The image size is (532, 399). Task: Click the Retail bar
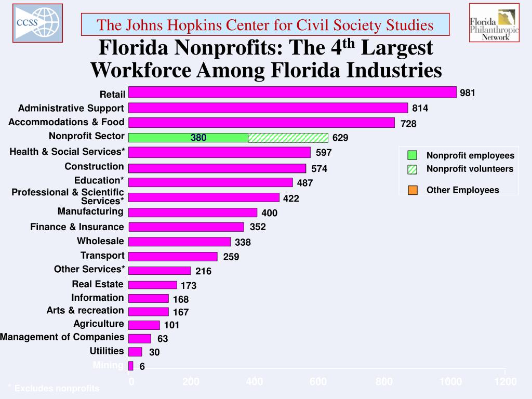pyautogui.click(x=292, y=92)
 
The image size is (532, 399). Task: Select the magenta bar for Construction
pyautogui.click(x=217, y=168)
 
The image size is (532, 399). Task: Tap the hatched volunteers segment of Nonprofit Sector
pyautogui.click(x=288, y=138)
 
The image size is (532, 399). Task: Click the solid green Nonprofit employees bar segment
pyautogui.click(x=188, y=138)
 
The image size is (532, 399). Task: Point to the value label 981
pyautogui.click(x=468, y=93)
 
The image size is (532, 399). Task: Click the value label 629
pyautogui.click(x=340, y=138)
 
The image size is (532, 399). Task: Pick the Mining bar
pyautogui.click(x=131, y=366)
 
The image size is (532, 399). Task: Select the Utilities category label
pyautogui.click(x=107, y=351)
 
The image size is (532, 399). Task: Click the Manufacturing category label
pyautogui.click(x=90, y=211)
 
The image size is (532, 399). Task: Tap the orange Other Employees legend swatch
pyautogui.click(x=413, y=190)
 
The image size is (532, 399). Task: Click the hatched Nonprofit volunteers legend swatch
pyautogui.click(x=413, y=169)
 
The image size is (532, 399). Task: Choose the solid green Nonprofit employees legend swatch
pyautogui.click(x=413, y=155)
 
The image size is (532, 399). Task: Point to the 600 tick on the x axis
pyautogui.click(x=318, y=382)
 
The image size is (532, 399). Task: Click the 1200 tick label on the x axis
pyautogui.click(x=505, y=382)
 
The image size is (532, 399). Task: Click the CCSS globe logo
pyautogui.click(x=37, y=23)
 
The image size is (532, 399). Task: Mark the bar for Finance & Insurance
pyautogui.click(x=186, y=227)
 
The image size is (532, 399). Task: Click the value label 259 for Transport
pyautogui.click(x=231, y=257)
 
